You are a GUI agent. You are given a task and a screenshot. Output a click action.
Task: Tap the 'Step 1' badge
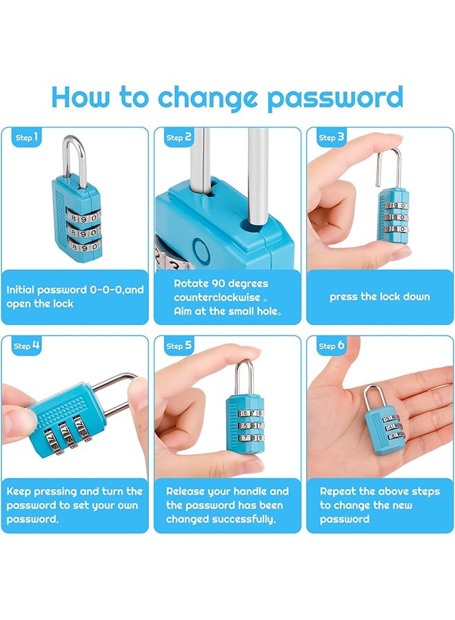point(27,138)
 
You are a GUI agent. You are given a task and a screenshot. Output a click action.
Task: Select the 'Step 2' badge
point(179,138)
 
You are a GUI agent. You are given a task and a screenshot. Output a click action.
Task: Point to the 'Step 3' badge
point(332,138)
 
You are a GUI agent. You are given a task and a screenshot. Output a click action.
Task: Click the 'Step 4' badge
point(27,346)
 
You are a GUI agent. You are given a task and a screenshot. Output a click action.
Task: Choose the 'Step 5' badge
point(179,346)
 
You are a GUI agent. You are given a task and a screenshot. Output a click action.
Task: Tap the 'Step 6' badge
point(332,346)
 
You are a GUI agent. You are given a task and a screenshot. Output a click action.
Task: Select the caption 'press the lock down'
point(379,297)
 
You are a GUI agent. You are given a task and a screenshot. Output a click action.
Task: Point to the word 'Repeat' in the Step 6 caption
point(338,491)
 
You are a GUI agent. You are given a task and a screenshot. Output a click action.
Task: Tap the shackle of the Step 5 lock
point(245,375)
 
